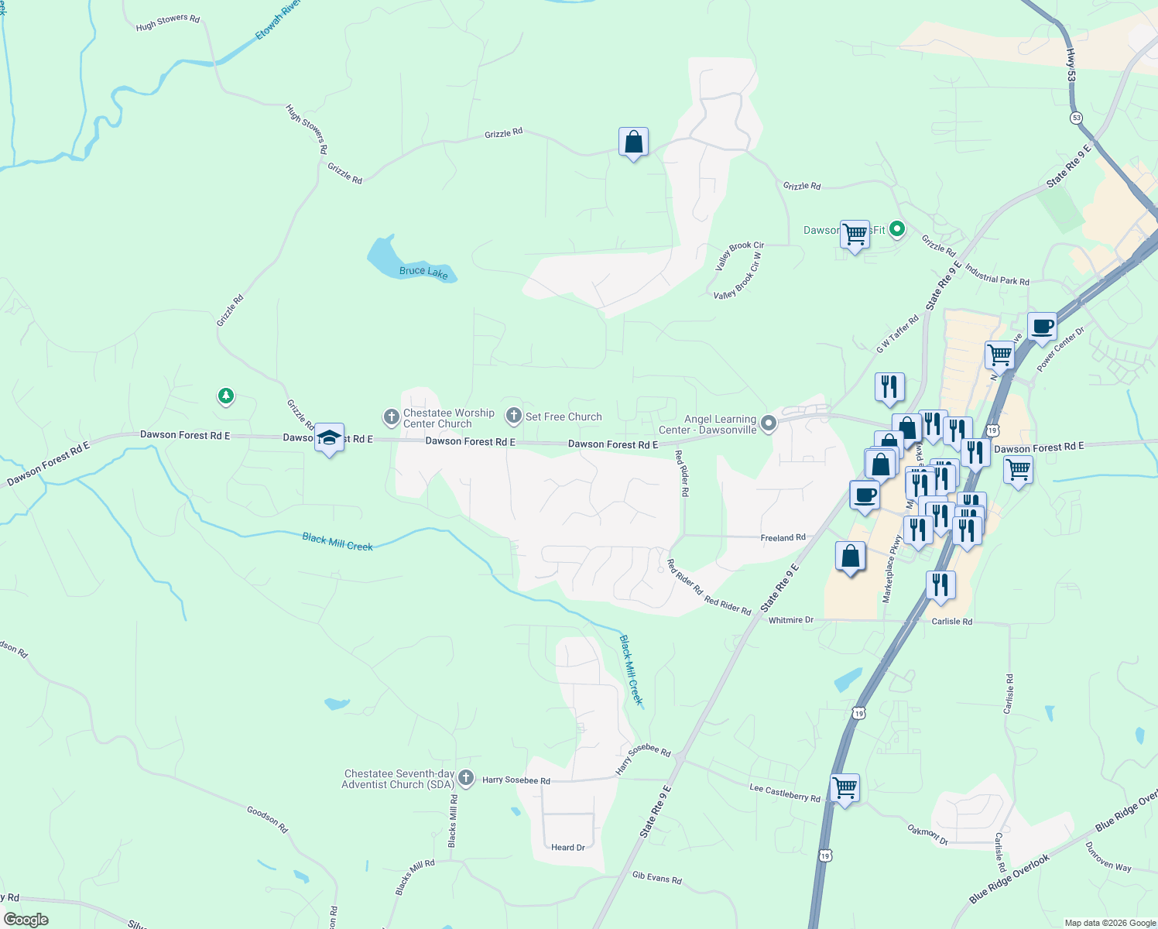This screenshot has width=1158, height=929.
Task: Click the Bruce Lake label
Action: pos(423,272)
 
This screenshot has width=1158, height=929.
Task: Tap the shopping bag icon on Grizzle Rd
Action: pos(633,142)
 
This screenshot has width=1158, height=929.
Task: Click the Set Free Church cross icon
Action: pos(513,417)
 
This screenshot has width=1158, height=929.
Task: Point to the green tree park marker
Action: pos(225,396)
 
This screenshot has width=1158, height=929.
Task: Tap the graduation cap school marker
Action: pos(330,437)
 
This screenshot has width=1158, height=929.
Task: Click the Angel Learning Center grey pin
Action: pos(769,423)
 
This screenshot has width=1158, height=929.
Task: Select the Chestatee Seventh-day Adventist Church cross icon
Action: pos(465,777)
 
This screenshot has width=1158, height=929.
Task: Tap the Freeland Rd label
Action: pos(783,537)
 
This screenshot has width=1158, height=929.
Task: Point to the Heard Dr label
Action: pos(568,847)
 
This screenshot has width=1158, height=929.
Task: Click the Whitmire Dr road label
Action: pos(790,620)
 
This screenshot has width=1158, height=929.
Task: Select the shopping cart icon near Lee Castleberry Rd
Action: pos(845,788)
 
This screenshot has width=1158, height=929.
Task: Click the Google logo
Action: pos(26,920)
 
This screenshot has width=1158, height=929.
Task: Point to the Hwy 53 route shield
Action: pos(1076,118)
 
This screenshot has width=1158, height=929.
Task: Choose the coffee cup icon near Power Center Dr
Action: pos(1042,327)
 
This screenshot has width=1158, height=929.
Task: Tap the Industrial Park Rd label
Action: pos(997,276)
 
